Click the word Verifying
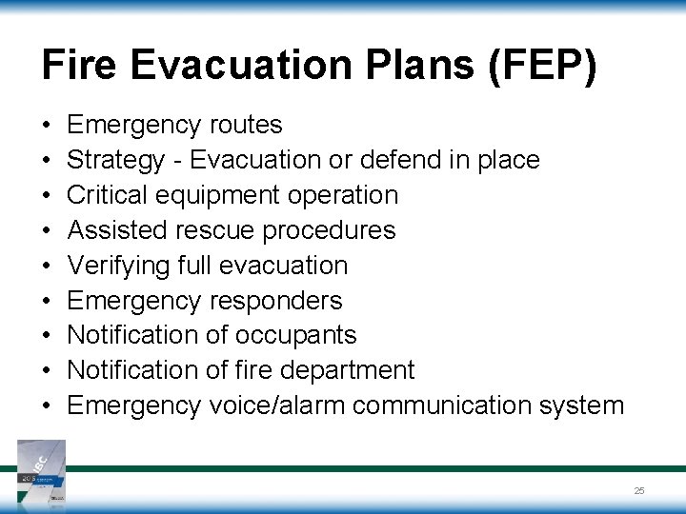click(x=119, y=266)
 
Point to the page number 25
click(x=639, y=490)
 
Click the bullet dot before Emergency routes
click(x=47, y=126)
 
